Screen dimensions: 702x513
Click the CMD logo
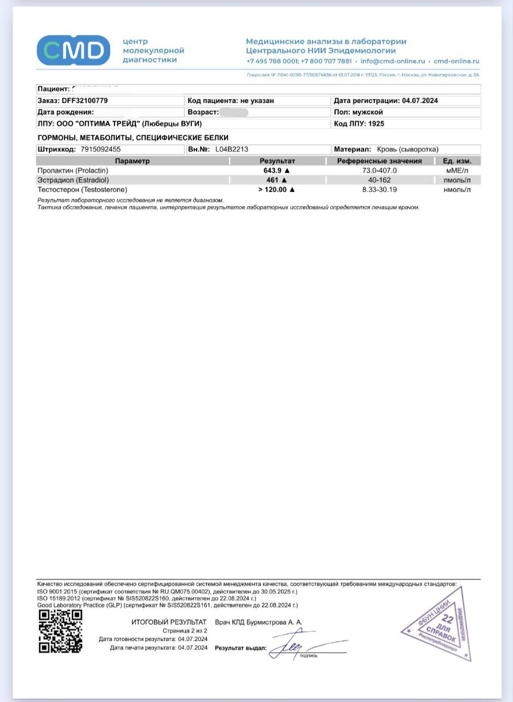[x=73, y=50]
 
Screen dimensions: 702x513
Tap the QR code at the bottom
[x=60, y=631]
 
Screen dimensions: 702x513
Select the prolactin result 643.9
[x=275, y=171]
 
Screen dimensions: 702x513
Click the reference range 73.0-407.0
[x=379, y=171]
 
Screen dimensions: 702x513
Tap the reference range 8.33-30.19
[x=379, y=190]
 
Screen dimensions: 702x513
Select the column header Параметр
[x=132, y=161]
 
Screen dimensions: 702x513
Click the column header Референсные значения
[x=379, y=161]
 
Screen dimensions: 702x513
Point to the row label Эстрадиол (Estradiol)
[x=73, y=180]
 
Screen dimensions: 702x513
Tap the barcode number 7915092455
[x=100, y=149]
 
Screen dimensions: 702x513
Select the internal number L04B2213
[x=233, y=149]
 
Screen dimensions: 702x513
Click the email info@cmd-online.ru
[x=392, y=61]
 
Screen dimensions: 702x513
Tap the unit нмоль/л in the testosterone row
[x=457, y=190]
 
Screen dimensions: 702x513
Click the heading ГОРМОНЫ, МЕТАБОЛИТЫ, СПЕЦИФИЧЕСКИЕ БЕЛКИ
[x=133, y=138]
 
